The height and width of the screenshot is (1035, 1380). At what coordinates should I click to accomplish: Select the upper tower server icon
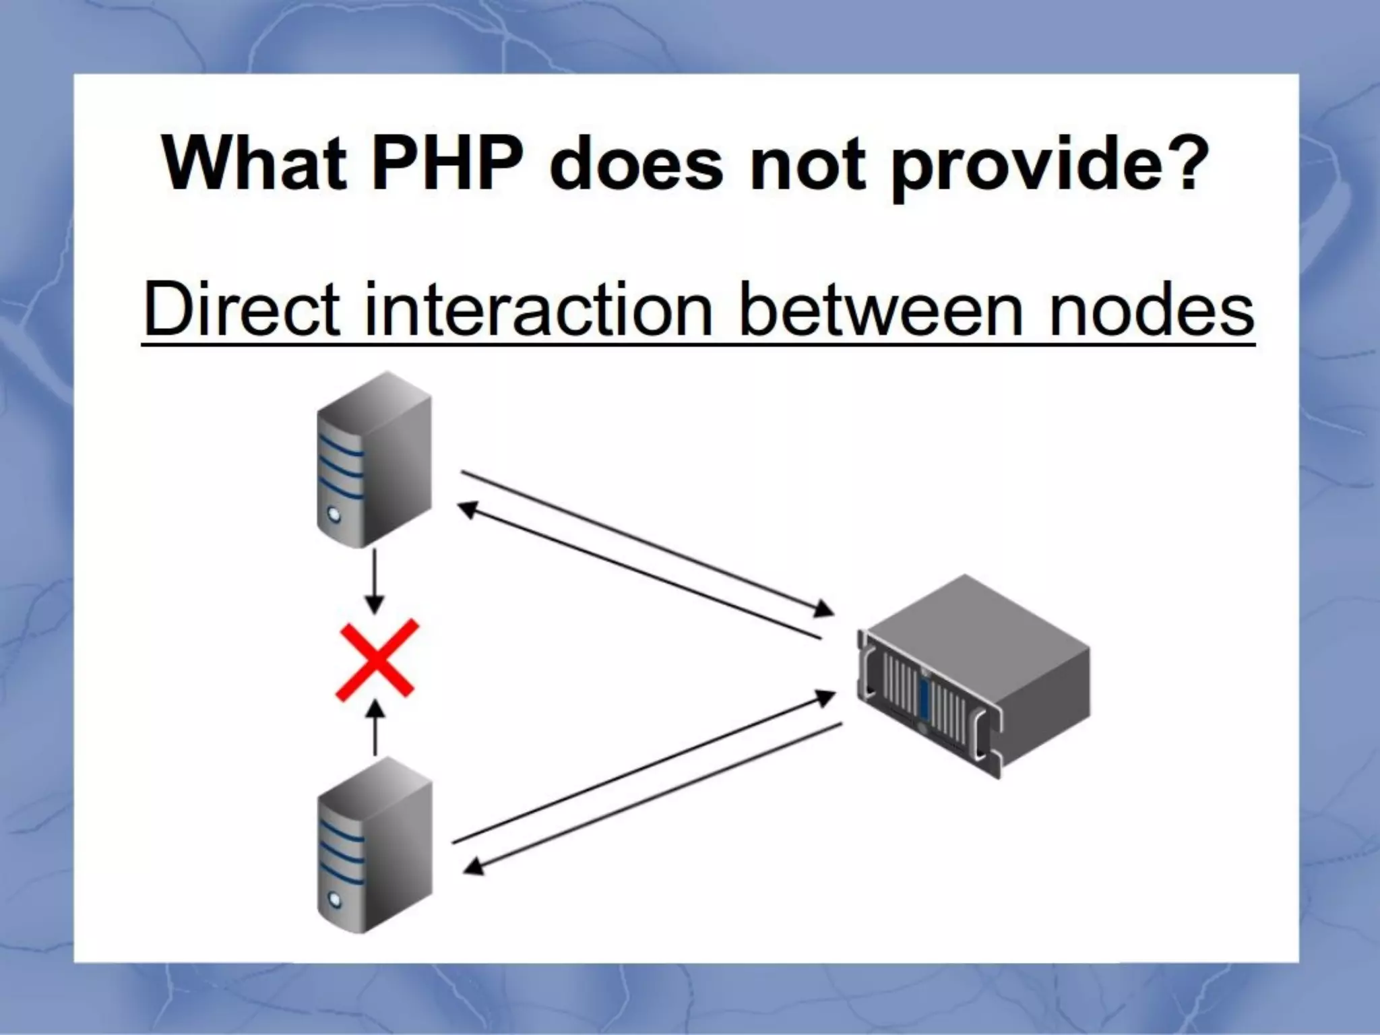coord(374,458)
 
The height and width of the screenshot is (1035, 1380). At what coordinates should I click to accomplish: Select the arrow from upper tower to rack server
coord(647,542)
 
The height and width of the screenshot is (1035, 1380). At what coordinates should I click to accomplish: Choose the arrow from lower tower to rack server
coord(644,768)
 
